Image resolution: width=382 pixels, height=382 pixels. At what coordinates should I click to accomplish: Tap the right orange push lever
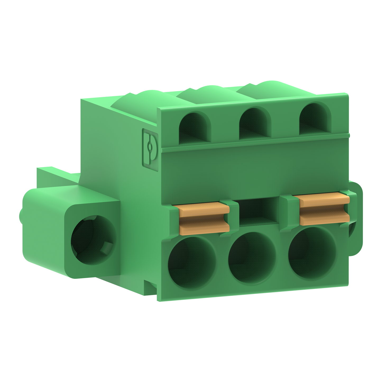click(324, 209)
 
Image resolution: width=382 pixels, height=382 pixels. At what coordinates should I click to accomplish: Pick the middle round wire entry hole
click(252, 255)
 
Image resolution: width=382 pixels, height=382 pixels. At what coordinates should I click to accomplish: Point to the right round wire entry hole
click(312, 250)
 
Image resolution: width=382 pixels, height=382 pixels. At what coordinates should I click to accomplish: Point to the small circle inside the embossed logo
click(150, 146)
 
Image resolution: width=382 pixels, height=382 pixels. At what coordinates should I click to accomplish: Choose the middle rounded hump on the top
click(201, 93)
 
